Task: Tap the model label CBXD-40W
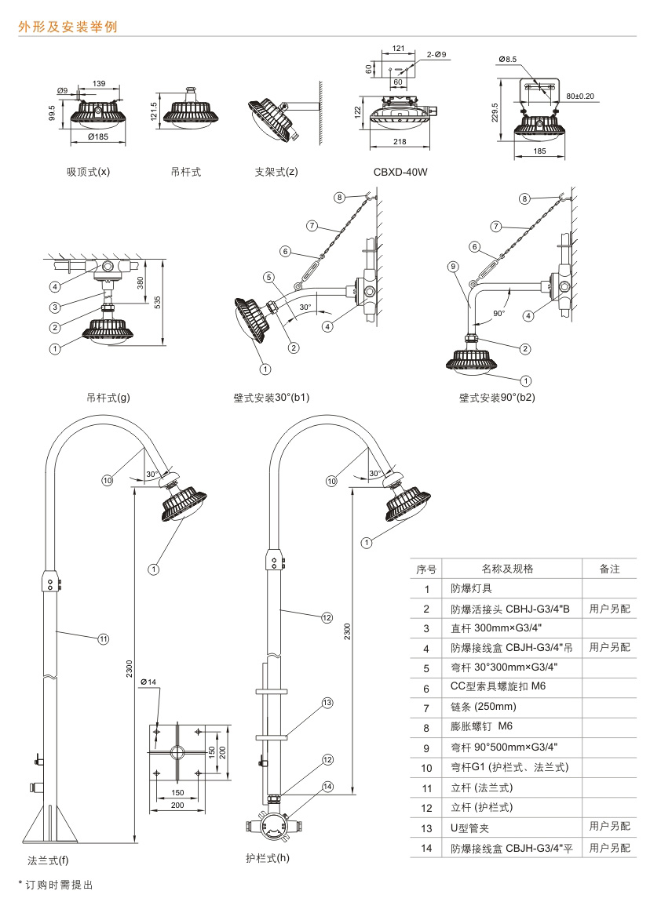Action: [x=400, y=171]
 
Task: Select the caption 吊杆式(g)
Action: [x=108, y=397]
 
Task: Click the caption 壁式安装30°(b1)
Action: [x=266, y=397]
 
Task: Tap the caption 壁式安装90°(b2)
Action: [x=497, y=397]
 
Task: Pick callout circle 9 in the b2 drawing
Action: [x=454, y=266]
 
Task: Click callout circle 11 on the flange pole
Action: [x=103, y=638]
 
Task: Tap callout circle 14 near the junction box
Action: [x=328, y=786]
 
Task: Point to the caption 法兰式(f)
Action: [x=48, y=860]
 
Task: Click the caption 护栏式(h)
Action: [x=268, y=858]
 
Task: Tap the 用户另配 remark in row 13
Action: [x=609, y=827]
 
